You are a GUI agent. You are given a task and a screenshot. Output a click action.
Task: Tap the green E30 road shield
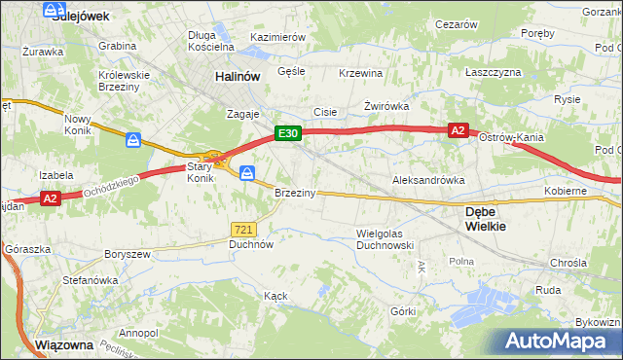287,133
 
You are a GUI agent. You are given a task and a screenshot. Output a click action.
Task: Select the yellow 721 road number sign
243,229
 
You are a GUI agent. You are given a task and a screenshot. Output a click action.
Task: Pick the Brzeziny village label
295,193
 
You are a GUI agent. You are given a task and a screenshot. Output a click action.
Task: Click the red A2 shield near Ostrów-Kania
458,128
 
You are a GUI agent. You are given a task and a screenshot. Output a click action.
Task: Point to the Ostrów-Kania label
511,137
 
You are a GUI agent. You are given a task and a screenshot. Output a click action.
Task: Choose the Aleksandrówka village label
428,180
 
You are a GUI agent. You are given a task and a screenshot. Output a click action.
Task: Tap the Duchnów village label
250,245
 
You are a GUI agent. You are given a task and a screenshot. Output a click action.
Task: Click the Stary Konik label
200,172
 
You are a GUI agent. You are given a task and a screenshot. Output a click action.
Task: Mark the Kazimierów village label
278,36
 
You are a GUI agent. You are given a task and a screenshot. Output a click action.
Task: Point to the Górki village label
403,311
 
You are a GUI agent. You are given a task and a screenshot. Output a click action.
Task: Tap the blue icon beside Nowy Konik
133,140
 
